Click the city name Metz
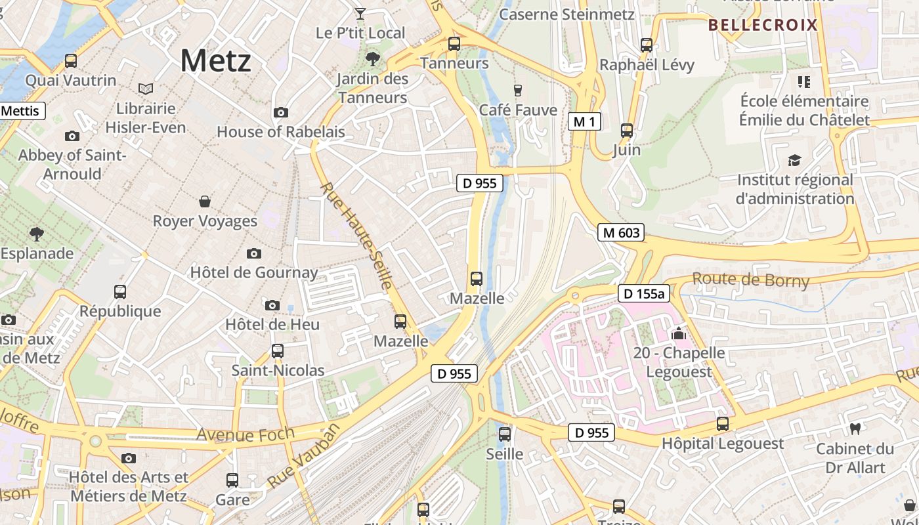[x=215, y=61]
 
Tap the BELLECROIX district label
[x=763, y=26]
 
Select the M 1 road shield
[x=584, y=121]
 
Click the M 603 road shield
[x=620, y=232]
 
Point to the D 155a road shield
[x=643, y=293]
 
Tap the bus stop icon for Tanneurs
[x=454, y=44]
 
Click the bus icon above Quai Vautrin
[x=70, y=61]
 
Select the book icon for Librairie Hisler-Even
[x=146, y=89]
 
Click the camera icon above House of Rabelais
[x=281, y=113]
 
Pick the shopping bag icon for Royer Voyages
[x=205, y=201]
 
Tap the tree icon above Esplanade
[x=37, y=234]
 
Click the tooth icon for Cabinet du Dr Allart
[x=855, y=429]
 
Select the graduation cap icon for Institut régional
[x=795, y=160]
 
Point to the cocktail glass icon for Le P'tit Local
[x=360, y=13]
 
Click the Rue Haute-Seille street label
[x=356, y=236]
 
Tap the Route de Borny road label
[x=750, y=280]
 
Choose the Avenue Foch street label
[x=234, y=434]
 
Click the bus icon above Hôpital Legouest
[x=723, y=424]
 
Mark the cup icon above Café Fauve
[x=518, y=90]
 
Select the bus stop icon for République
[x=120, y=292]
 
